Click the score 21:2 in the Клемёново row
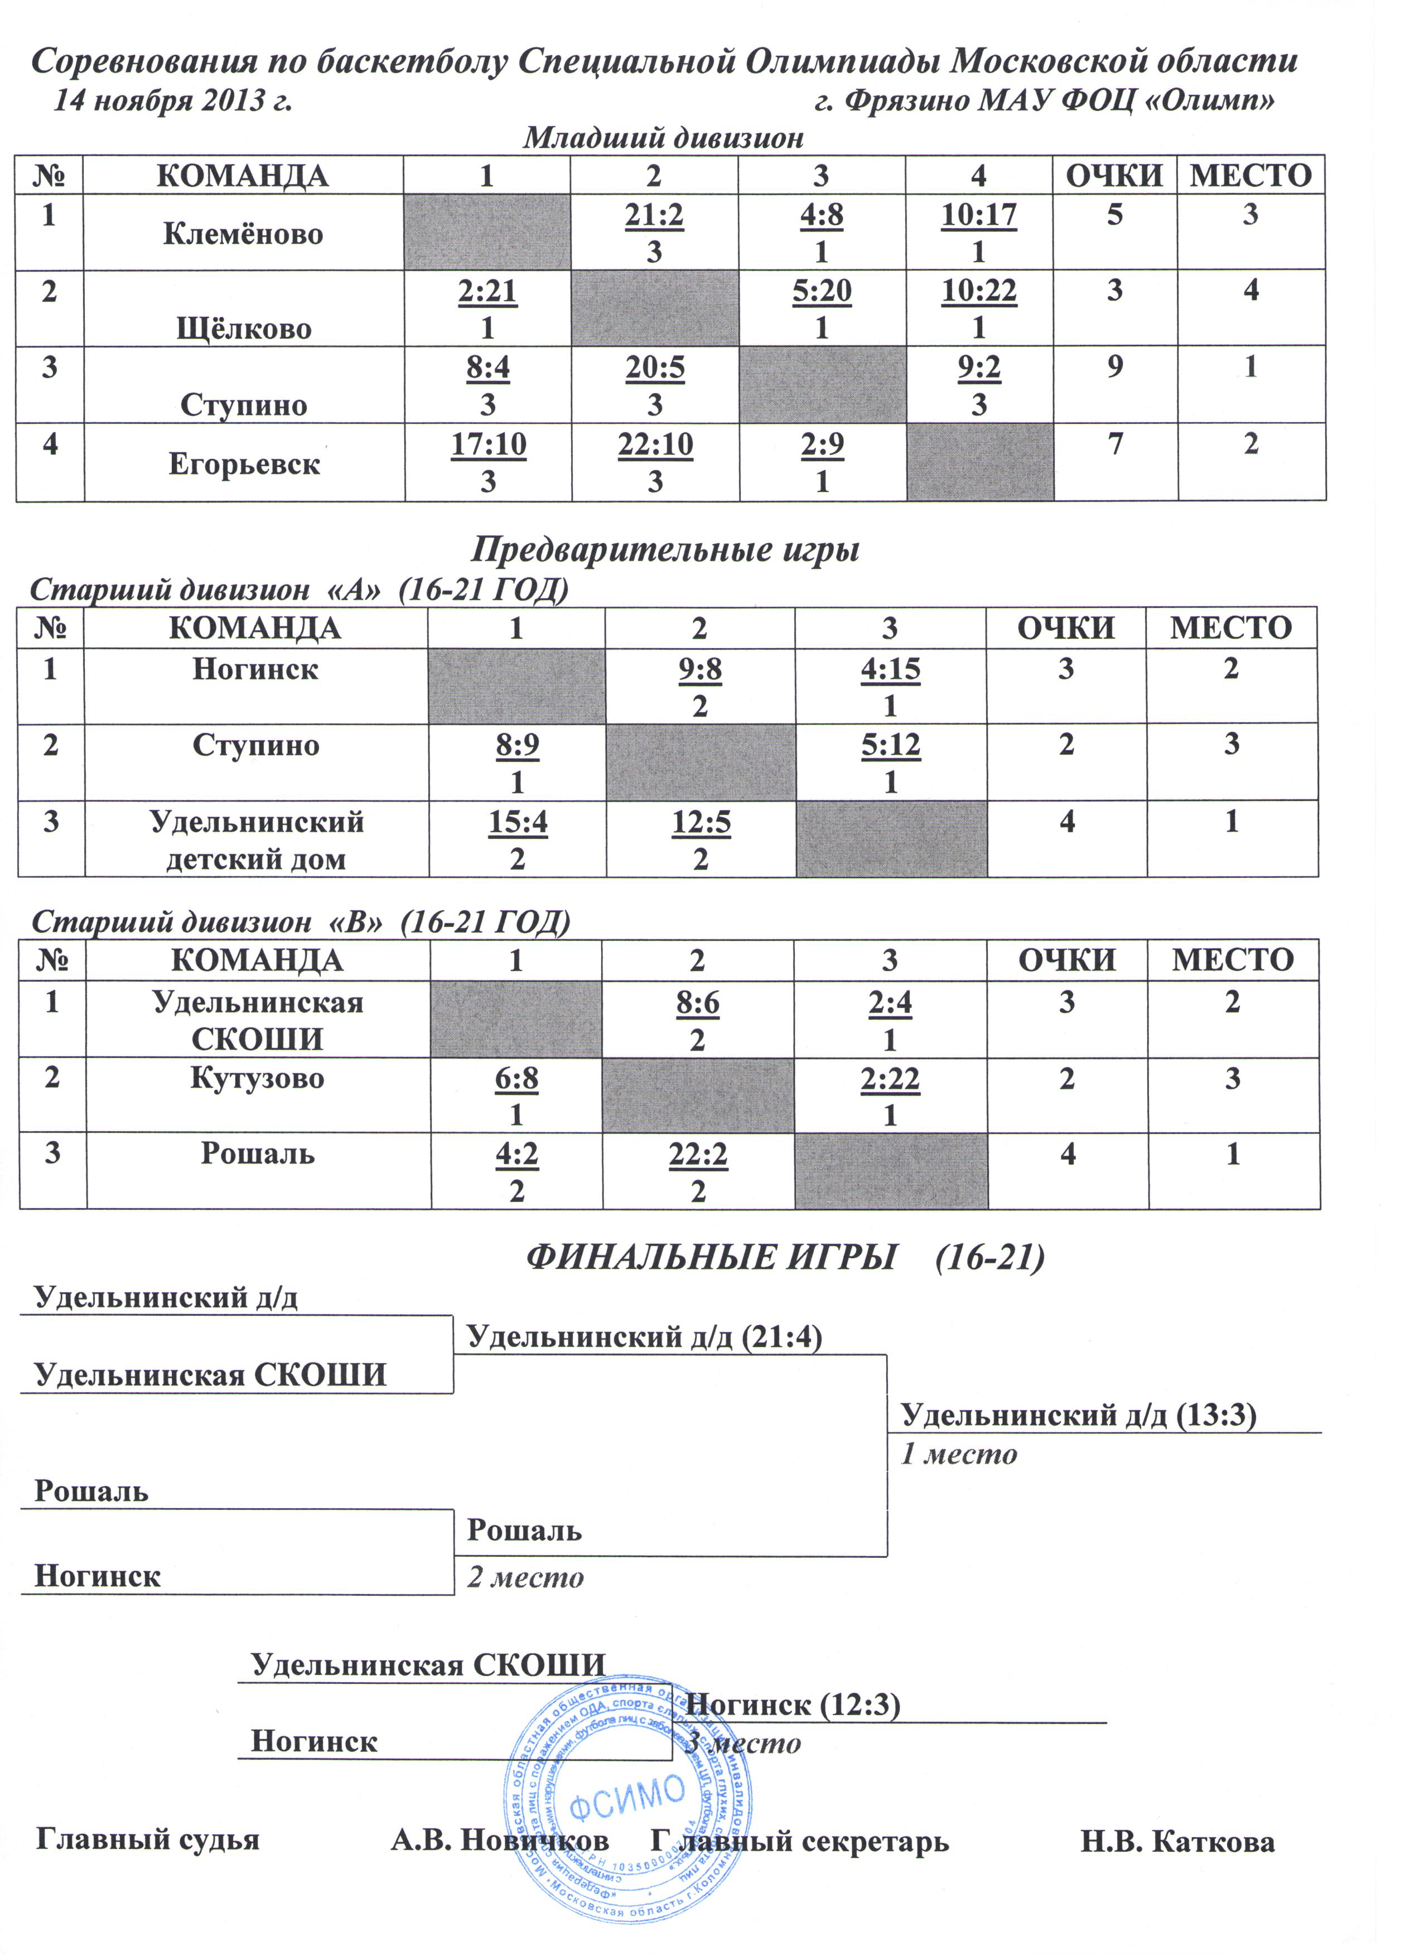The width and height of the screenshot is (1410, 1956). pyautogui.click(x=654, y=215)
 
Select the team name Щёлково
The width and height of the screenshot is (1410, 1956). pyautogui.click(x=244, y=329)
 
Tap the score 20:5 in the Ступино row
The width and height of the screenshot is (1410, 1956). pyautogui.click(x=655, y=368)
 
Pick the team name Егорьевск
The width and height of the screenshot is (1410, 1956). pyautogui.click(x=244, y=464)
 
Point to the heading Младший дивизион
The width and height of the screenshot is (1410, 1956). pyautogui.click(x=663, y=138)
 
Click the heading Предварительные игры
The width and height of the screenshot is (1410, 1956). pyautogui.click(x=665, y=549)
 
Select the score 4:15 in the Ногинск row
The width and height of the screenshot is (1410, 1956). pyautogui.click(x=890, y=669)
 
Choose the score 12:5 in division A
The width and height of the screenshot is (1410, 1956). pyautogui.click(x=700, y=822)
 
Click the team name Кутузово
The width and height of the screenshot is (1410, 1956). pyautogui.click(x=257, y=1078)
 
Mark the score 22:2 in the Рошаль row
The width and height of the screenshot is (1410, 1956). pyautogui.click(x=698, y=1154)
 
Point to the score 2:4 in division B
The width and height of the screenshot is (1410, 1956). pyautogui.click(x=890, y=1003)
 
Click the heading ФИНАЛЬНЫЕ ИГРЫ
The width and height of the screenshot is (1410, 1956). pyautogui.click(x=710, y=1258)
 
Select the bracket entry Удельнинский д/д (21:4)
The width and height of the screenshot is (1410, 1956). pyautogui.click(x=643, y=1337)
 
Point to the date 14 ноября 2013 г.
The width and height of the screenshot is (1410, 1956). pyautogui.click(x=172, y=102)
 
